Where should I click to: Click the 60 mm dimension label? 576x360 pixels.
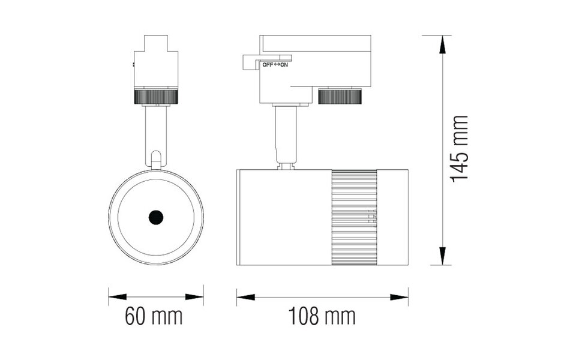154,316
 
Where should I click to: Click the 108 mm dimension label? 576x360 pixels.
322,316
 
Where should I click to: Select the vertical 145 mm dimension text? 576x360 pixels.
459,149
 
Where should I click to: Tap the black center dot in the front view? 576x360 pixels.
156,217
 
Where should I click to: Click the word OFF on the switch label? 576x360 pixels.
267,65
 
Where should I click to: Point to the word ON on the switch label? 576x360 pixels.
284,65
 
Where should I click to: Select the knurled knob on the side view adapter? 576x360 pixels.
340,96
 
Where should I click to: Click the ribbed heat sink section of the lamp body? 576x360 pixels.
354,217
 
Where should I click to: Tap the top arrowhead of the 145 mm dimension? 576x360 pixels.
444,42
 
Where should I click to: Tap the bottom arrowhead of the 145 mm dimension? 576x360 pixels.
444,257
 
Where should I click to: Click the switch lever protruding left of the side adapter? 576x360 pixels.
250,62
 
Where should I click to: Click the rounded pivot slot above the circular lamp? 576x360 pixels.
156,160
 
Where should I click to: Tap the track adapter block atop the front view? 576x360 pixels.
156,63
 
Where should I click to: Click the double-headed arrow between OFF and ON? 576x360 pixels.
276,65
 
